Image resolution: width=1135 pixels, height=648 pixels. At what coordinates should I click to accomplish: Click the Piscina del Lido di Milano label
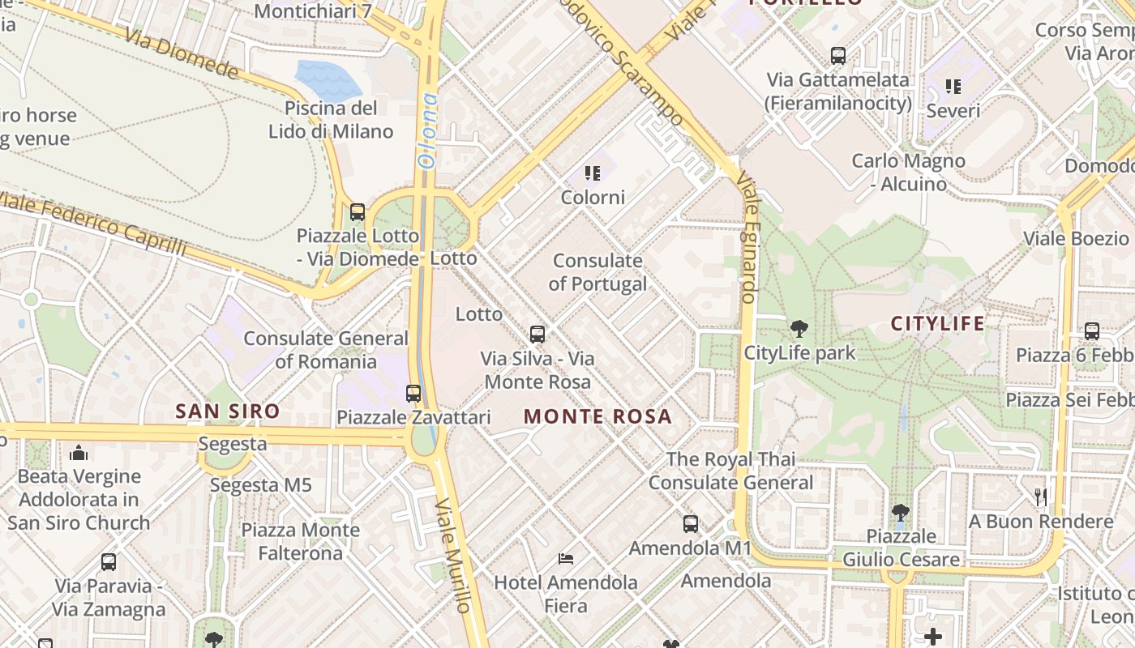click(331, 120)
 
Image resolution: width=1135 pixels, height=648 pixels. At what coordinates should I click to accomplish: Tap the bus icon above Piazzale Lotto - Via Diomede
click(357, 212)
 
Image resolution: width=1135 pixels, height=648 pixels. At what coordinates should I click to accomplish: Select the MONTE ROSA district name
click(597, 416)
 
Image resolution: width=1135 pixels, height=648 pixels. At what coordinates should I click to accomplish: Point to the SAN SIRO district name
click(228, 411)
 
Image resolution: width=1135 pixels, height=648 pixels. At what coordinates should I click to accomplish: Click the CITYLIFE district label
click(938, 324)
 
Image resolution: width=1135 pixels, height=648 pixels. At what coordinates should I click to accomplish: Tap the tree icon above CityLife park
click(799, 328)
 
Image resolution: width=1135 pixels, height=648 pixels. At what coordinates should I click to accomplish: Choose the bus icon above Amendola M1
click(691, 524)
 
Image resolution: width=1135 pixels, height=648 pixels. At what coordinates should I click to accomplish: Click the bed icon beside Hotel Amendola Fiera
click(566, 559)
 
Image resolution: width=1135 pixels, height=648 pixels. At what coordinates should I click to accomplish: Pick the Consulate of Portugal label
click(597, 272)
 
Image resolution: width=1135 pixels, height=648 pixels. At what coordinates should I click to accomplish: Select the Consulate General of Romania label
click(326, 349)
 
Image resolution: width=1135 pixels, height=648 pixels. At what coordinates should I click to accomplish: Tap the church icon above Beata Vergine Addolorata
click(79, 453)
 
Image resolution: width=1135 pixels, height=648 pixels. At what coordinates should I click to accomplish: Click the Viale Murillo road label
click(452, 554)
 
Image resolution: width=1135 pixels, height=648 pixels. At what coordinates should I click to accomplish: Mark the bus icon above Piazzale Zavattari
click(413, 394)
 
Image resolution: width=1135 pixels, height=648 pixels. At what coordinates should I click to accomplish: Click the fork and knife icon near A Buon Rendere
click(1041, 497)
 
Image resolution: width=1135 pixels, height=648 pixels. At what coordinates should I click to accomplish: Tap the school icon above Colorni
click(593, 173)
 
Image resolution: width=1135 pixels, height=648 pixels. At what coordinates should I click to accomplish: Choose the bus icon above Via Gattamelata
click(838, 56)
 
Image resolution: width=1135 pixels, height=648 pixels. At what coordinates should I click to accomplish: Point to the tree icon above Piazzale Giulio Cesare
click(900, 512)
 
